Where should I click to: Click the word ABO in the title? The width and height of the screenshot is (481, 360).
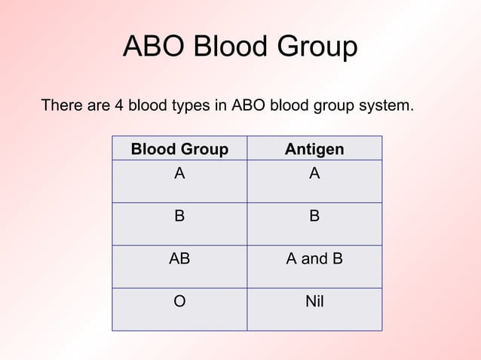pyautogui.click(x=154, y=47)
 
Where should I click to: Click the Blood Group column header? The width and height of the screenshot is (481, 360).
pyautogui.click(x=179, y=149)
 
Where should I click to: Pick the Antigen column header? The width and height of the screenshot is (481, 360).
pyautogui.click(x=314, y=149)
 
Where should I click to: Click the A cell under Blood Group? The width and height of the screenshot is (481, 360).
pyautogui.click(x=179, y=174)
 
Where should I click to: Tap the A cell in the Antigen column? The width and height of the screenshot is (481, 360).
pyautogui.click(x=314, y=174)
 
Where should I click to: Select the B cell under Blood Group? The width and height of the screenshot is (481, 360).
pyautogui.click(x=179, y=217)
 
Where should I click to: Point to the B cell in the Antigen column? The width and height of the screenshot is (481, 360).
pyautogui.click(x=314, y=217)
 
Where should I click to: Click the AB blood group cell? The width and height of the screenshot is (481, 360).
pyautogui.click(x=179, y=259)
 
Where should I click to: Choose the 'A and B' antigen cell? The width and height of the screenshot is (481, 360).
pyautogui.click(x=314, y=259)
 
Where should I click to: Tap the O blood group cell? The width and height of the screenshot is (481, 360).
pyautogui.click(x=179, y=302)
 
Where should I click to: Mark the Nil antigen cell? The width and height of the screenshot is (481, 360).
pyautogui.click(x=314, y=302)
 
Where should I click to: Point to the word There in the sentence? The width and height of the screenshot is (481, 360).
pyautogui.click(x=63, y=105)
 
